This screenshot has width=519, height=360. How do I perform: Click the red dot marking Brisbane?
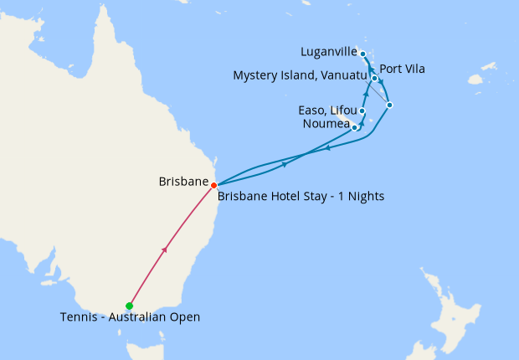[214, 185]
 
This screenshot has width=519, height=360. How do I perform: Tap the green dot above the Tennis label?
[129, 306]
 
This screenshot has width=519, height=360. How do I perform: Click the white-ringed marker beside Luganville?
[362, 54]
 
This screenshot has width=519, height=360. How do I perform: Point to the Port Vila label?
[402, 69]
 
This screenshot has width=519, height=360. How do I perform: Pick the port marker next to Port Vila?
[374, 79]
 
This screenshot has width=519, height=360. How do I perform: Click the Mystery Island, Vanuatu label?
[301, 76]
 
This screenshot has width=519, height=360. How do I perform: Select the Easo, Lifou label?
[327, 111]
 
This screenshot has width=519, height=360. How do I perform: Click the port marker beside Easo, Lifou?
[362, 111]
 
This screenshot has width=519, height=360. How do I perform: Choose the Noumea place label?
[326, 124]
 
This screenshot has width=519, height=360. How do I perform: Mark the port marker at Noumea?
[356, 127]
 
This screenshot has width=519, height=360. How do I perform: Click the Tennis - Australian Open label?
[130, 317]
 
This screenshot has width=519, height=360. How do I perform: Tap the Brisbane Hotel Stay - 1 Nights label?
[301, 197]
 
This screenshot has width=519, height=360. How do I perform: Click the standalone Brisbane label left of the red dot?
[182, 181]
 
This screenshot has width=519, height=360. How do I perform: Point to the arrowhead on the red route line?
[165, 249]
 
